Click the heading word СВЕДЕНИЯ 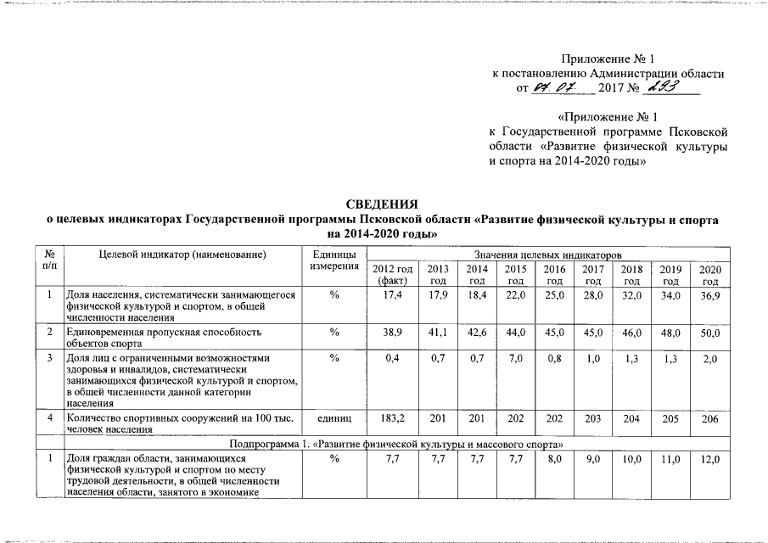click(383, 204)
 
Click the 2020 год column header click(710, 274)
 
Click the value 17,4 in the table click(392, 294)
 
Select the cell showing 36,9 click(710, 294)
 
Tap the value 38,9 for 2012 click(392, 333)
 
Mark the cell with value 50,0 click(710, 333)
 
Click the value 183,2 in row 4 click(392, 418)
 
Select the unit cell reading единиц click(333, 418)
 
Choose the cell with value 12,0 click(710, 459)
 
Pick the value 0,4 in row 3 click(392, 360)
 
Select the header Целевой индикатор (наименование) click(182, 255)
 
